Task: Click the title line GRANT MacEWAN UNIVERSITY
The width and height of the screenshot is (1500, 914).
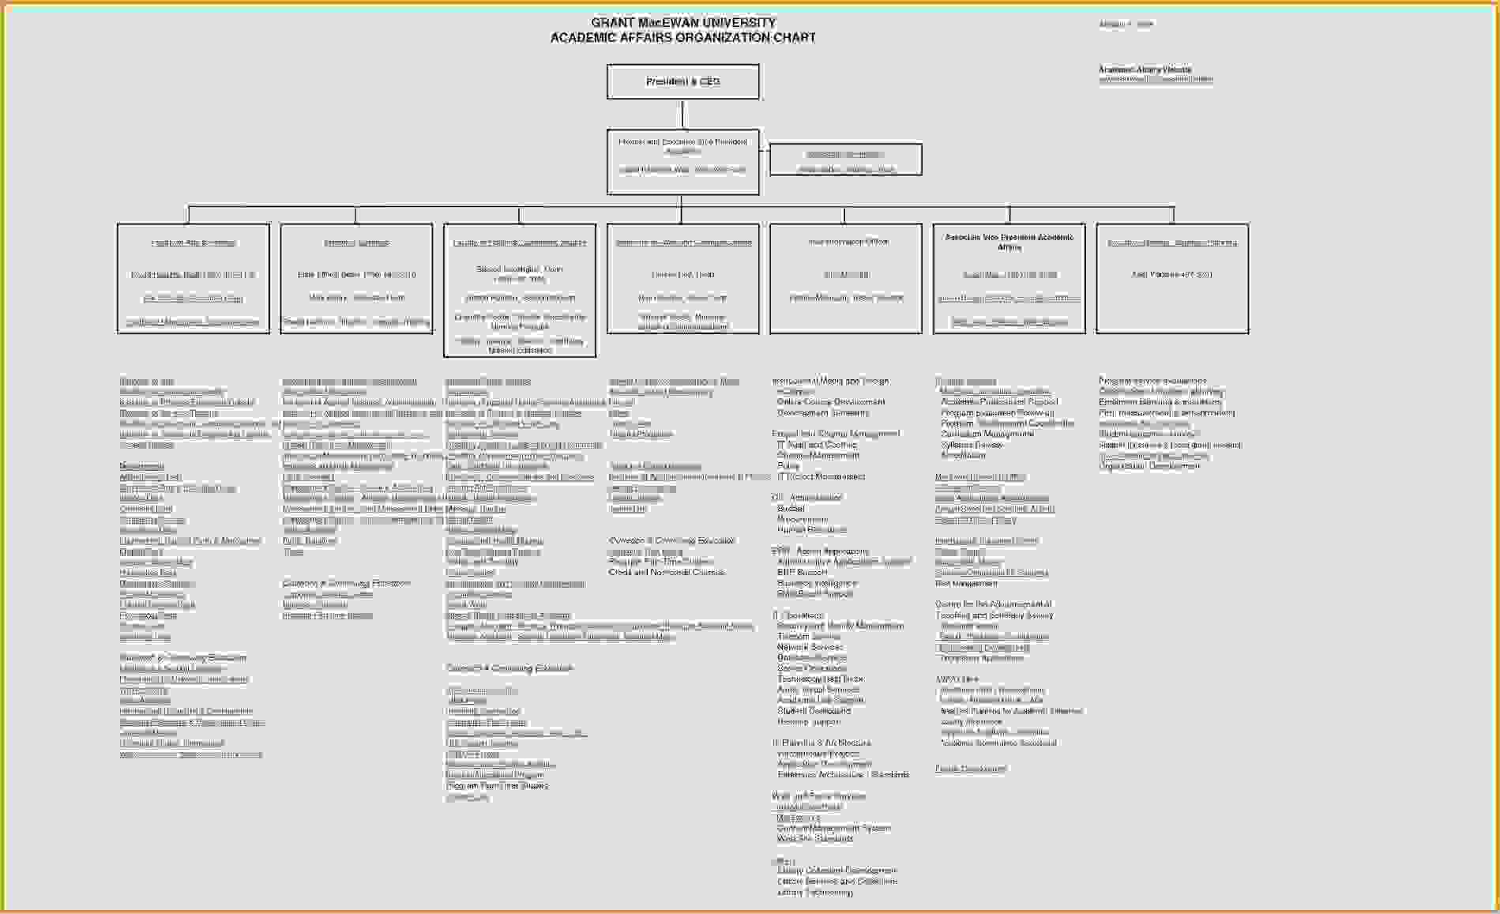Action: click(683, 23)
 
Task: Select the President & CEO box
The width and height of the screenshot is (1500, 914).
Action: click(683, 81)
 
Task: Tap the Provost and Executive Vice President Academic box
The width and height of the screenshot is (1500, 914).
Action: click(683, 161)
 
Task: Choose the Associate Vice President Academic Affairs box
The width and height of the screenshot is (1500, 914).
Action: click(1009, 278)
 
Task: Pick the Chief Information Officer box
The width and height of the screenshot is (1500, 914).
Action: click(846, 278)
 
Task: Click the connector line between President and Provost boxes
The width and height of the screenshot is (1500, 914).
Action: click(683, 114)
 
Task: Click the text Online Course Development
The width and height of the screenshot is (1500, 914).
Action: click(831, 402)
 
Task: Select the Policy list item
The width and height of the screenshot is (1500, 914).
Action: click(788, 466)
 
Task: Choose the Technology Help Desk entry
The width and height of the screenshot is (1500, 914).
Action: click(820, 679)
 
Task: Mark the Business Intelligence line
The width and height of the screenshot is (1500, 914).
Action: click(817, 583)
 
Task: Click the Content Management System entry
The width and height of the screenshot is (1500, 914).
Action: click(833, 828)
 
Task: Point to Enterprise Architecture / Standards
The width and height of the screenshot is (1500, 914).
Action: click(843, 775)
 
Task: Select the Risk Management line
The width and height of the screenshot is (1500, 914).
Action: click(966, 583)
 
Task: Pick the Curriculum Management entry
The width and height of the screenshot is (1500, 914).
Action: click(987, 434)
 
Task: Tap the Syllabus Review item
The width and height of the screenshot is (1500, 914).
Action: click(972, 445)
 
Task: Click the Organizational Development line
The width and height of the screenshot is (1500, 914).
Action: click(1149, 466)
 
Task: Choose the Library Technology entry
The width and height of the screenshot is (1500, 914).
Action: click(815, 893)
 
